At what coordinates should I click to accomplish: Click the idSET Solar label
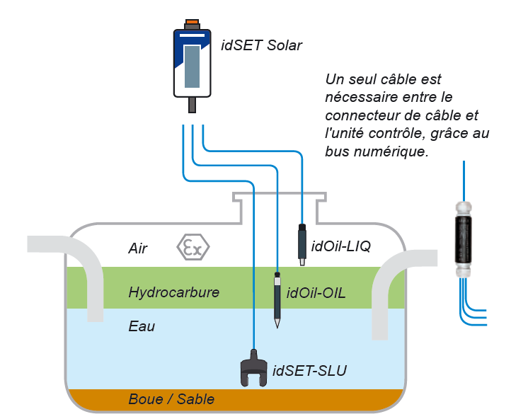(x=261, y=45)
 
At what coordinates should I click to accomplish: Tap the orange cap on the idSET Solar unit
(x=192, y=22)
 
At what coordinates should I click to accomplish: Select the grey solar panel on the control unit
(x=192, y=67)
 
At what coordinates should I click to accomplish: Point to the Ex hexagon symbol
(x=193, y=247)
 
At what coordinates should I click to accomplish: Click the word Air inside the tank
(x=138, y=248)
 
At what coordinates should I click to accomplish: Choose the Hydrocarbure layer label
(x=174, y=292)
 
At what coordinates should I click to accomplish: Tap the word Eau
(x=142, y=326)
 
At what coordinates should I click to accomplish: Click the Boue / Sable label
(x=171, y=399)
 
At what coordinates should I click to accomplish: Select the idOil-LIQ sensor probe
(x=302, y=244)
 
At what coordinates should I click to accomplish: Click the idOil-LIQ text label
(x=341, y=246)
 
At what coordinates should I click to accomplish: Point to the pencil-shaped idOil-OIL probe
(x=277, y=300)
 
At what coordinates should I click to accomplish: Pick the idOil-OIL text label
(x=316, y=293)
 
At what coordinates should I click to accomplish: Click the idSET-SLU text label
(x=309, y=371)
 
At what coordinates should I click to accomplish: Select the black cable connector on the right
(x=463, y=239)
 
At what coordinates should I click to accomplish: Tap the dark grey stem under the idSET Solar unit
(x=192, y=105)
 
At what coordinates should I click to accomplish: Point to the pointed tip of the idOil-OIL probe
(x=277, y=328)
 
